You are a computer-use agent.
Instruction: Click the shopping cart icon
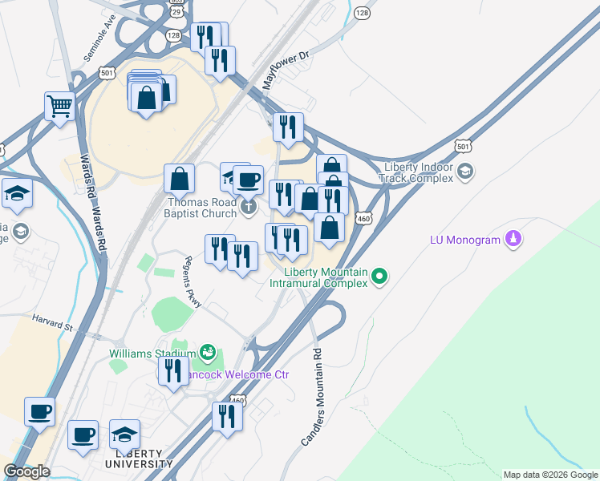(60, 106)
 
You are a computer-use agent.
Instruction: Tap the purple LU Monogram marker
(514, 238)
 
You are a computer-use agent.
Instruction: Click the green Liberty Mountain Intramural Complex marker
(381, 277)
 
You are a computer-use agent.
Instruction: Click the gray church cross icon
(249, 208)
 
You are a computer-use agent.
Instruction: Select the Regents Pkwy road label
(196, 281)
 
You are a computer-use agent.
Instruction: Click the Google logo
(26, 471)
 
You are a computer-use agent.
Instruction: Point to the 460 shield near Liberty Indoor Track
(364, 217)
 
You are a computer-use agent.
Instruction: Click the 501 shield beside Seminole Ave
(107, 73)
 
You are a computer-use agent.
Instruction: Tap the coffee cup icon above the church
(248, 180)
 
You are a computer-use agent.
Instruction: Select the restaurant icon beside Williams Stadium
(172, 371)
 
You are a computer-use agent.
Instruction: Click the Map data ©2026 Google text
(549, 475)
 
